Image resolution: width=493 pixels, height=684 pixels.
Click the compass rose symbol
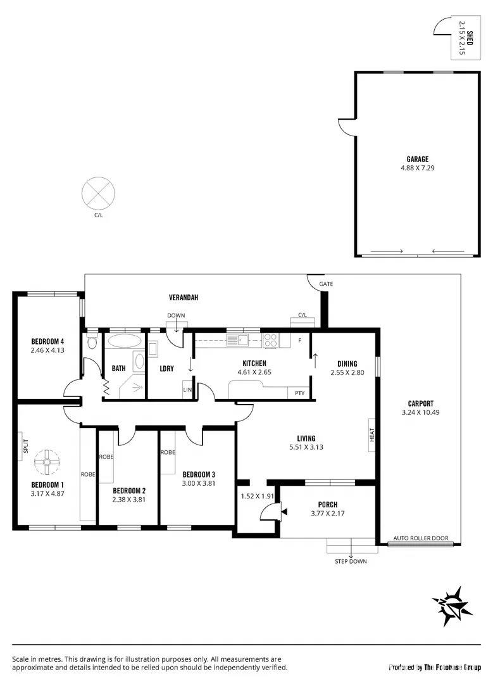point(452,606)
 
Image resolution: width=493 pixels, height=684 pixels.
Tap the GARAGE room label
point(417,159)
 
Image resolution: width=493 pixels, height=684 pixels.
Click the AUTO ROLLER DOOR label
point(421,538)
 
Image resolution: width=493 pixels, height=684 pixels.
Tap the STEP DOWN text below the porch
point(351,561)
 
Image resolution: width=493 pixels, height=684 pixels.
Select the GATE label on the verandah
point(326,284)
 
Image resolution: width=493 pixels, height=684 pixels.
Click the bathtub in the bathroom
point(125,341)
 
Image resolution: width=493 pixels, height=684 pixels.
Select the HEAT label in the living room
point(372,434)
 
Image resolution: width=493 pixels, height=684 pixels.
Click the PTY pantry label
point(299,393)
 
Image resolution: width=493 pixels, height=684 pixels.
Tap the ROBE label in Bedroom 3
point(168,452)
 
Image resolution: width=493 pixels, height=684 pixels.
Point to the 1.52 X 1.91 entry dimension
point(257,497)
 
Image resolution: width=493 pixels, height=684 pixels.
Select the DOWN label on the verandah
point(176,315)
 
